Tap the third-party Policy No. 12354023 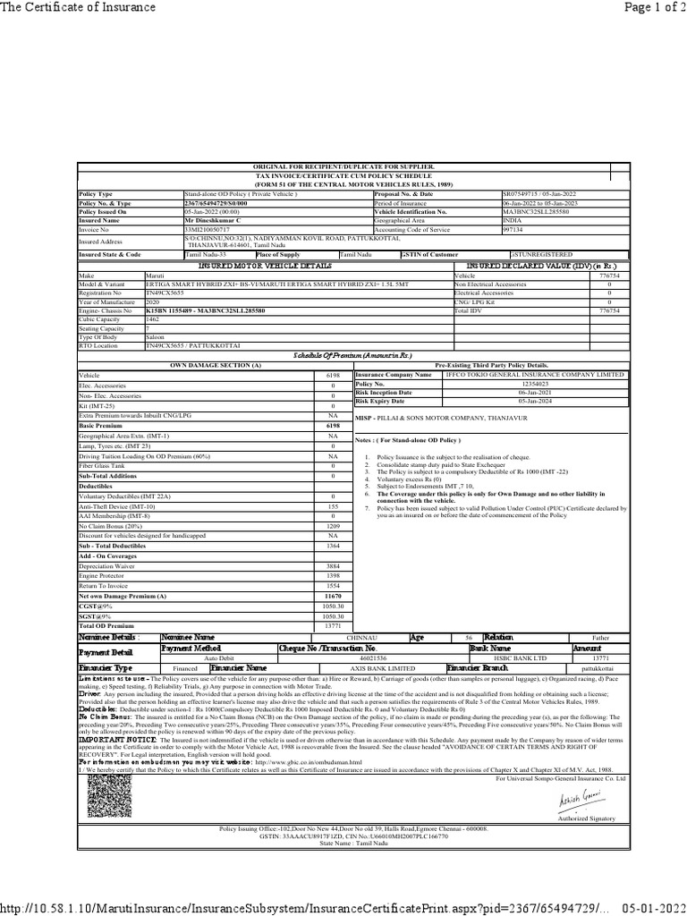point(533,383)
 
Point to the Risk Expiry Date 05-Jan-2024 point(533,401)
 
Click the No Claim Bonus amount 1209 point(333,526)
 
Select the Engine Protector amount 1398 point(333,576)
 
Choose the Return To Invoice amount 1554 point(333,585)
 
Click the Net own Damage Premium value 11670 point(333,596)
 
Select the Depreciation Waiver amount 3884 point(333,566)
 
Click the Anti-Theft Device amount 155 point(333,506)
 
